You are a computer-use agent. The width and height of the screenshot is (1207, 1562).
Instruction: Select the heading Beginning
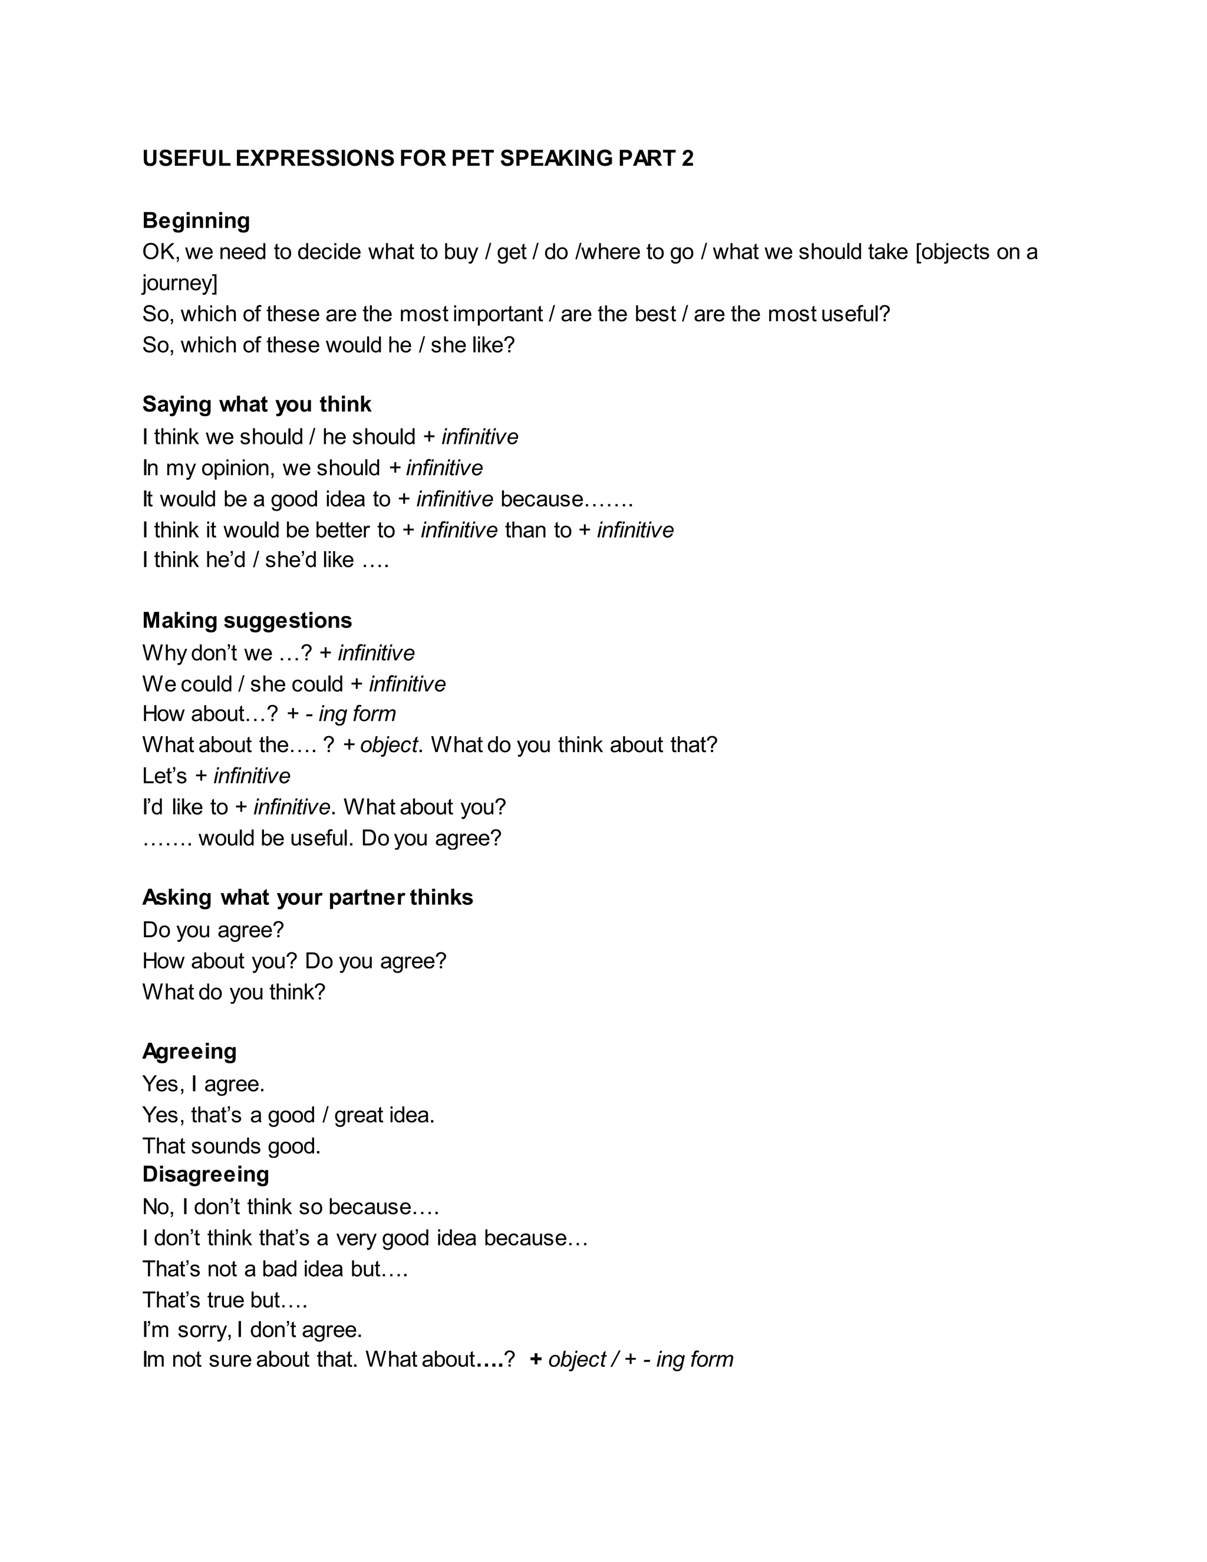196,220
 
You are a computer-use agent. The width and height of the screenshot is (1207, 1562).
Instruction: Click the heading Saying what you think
257,404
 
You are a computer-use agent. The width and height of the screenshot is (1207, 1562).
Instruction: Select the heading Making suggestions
247,620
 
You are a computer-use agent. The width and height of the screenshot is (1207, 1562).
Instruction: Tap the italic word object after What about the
388,744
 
